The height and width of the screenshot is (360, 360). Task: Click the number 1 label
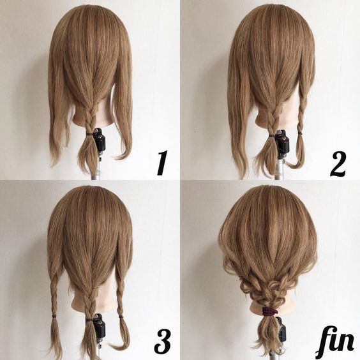tap(162, 163)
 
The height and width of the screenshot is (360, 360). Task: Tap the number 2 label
tap(338, 163)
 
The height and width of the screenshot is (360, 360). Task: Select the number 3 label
tap(163, 341)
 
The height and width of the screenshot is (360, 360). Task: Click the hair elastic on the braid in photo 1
tap(89, 133)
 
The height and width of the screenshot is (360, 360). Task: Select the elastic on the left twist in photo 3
tap(54, 317)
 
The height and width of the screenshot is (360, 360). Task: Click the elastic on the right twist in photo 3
tap(121, 317)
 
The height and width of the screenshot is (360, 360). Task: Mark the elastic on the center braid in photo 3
tap(89, 319)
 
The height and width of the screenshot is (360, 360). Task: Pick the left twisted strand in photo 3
tap(54, 294)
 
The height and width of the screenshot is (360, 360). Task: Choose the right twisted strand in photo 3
tap(120, 294)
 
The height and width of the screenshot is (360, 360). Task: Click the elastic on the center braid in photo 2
tap(271, 136)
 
